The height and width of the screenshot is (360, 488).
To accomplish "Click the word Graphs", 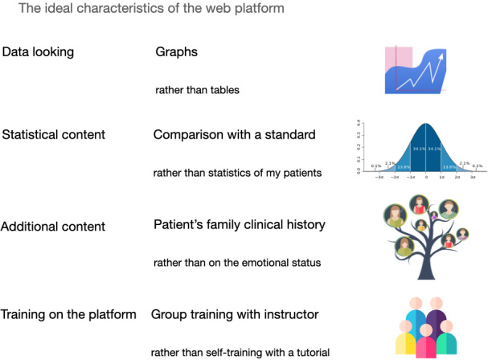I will pos(176,52).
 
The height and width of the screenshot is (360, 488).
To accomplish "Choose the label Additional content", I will pos(53,227).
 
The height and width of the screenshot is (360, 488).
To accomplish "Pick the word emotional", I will pos(262,263).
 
